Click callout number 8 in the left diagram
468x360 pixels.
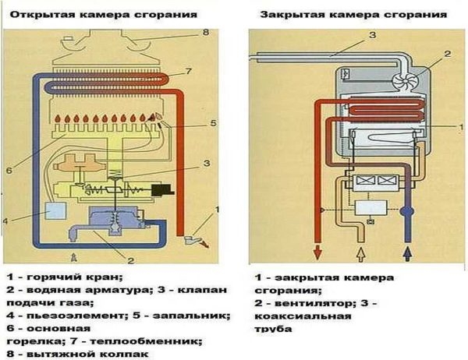[x=207, y=33]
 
